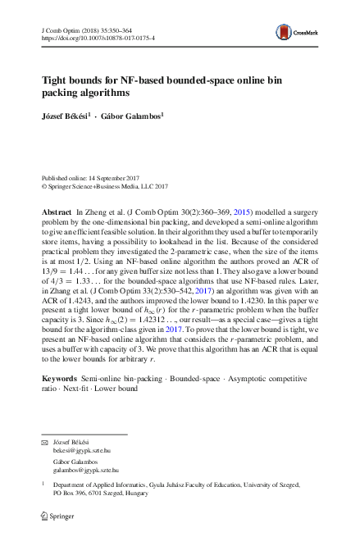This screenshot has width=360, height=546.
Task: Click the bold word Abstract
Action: [x=57, y=212]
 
